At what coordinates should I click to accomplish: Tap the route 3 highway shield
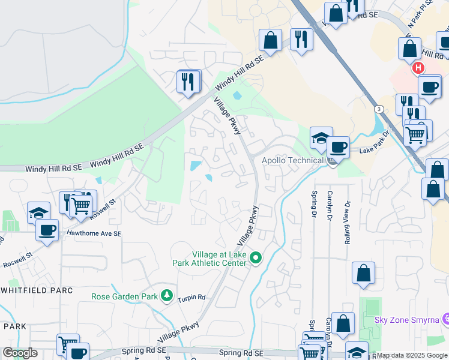coord(379,109)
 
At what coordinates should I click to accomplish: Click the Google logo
coord(20,353)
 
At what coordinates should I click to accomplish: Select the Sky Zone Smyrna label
coord(406,319)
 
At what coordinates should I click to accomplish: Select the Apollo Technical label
coord(292,161)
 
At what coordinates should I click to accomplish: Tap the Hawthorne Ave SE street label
coord(94,233)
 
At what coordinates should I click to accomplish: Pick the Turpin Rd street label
coord(193,297)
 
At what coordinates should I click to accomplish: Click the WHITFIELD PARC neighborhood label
coord(37,290)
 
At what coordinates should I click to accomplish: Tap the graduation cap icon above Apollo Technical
coord(321,137)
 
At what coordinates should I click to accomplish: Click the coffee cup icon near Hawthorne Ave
coord(47,229)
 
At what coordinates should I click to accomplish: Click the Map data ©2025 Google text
coord(411,355)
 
